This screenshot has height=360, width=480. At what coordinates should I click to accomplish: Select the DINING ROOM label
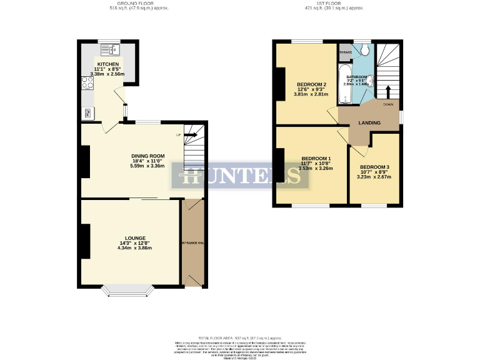click(147, 156)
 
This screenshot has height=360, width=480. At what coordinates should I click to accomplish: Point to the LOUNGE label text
click(135, 238)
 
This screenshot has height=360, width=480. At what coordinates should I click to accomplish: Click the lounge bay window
click(128, 291)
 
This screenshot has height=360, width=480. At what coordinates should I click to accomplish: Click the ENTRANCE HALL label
click(192, 242)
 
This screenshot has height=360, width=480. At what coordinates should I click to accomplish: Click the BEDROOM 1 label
click(316, 158)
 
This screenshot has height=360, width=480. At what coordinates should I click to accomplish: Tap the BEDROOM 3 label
click(374, 167)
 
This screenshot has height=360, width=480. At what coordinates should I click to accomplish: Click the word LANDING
click(369, 123)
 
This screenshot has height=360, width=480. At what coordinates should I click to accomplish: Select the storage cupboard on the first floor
click(345, 52)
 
